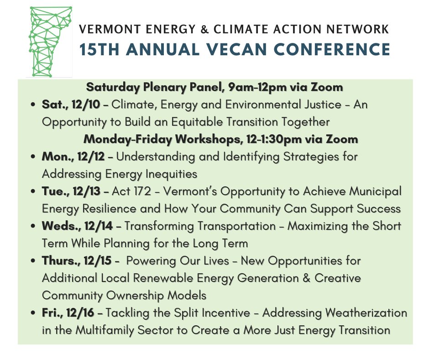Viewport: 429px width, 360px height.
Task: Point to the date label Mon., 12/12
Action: [73, 157]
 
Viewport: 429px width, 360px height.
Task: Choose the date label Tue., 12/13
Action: [69, 191]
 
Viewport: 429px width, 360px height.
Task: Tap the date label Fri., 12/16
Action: [68, 313]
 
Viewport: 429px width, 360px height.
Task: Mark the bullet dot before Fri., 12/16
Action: [33, 314]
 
